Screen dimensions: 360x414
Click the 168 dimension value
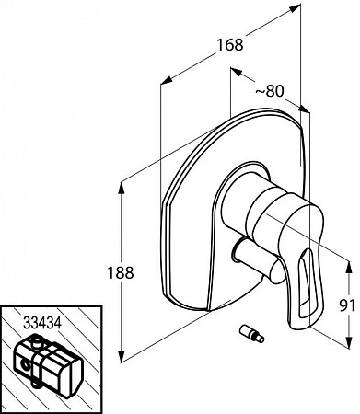pos(230,45)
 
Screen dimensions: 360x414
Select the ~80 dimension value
pos(270,91)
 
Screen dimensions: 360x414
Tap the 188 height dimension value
pos(121,272)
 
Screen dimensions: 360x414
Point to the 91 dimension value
pos(348,305)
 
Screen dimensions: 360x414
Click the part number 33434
pos(42,323)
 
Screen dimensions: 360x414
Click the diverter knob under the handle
pos(256,260)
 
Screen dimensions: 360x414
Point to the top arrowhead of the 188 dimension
pos(122,188)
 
